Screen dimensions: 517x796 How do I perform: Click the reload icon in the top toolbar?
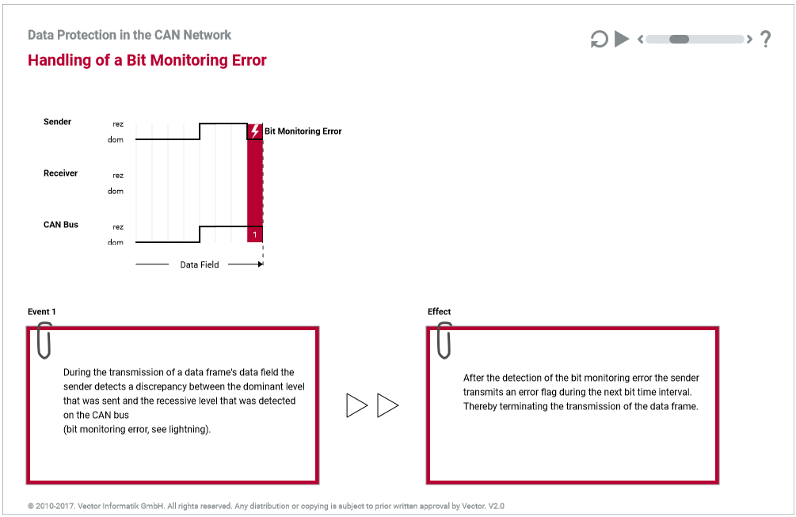click(599, 39)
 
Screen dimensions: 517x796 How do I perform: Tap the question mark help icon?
click(765, 39)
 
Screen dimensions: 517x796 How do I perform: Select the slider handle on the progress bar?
click(679, 39)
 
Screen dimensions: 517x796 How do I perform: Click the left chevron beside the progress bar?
click(640, 39)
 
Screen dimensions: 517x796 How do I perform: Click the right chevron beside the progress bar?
click(749, 39)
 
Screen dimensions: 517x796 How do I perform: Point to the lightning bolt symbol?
click(255, 131)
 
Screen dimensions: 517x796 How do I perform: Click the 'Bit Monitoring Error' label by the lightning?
click(303, 131)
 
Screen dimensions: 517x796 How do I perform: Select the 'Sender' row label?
click(57, 122)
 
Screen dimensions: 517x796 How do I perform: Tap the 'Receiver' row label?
click(60, 173)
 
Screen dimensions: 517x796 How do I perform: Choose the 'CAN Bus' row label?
click(61, 225)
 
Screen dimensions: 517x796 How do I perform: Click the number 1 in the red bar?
click(254, 235)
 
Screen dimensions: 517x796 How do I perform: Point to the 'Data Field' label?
click(200, 264)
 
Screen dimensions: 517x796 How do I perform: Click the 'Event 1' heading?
click(42, 312)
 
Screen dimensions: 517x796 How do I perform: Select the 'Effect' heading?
click(440, 312)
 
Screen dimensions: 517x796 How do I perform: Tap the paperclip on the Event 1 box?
click(44, 340)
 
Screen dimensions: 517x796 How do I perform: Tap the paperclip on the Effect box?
click(444, 340)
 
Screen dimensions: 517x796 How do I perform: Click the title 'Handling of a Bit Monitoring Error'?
click(147, 60)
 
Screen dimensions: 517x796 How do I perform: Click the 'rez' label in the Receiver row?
click(118, 176)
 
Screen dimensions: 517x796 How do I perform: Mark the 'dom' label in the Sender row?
click(116, 140)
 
